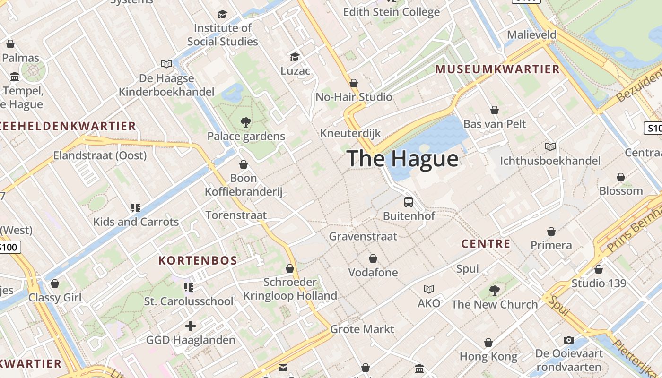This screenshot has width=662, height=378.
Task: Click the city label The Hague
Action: [402, 158]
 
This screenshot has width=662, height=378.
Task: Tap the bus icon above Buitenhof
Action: [409, 202]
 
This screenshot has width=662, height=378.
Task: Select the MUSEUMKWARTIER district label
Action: [497, 69]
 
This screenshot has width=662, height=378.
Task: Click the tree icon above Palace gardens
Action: [245, 122]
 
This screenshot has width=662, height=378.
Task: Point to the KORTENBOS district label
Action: [198, 260]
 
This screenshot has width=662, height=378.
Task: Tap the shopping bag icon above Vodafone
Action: [373, 258]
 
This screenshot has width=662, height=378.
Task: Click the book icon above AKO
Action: [429, 289]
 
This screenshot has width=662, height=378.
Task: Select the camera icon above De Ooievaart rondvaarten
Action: [569, 340]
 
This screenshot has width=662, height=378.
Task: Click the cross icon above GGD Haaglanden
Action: [191, 326]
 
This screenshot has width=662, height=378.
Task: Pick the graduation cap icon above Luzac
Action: [295, 57]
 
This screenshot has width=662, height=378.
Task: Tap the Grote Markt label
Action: [362, 329]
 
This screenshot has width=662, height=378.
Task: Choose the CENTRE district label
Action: [486, 244]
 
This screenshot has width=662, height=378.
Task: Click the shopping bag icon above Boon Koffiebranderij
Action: [244, 164]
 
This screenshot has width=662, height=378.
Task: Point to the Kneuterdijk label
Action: [350, 133]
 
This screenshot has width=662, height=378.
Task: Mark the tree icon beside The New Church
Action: [495, 290]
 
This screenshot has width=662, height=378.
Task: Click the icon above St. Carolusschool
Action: [189, 287]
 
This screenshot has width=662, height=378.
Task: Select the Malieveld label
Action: [531, 34]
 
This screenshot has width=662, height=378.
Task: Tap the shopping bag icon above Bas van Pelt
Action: [495, 110]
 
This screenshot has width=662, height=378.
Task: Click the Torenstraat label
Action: [236, 215]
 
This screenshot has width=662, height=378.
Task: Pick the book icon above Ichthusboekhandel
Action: [550, 147]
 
